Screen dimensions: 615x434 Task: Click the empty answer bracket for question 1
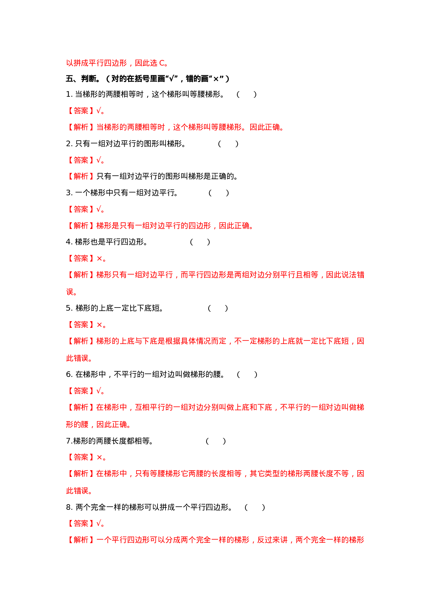(247, 94)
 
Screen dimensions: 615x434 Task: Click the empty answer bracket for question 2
(228, 144)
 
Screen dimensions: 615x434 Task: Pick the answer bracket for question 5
(218, 308)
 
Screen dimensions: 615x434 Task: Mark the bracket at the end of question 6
(247, 374)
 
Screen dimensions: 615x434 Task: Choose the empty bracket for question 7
(216, 441)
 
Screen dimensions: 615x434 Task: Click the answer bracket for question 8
(255, 507)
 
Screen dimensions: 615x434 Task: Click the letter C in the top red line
(162, 63)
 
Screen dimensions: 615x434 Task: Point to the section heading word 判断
(88, 79)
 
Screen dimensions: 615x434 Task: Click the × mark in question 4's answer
(99, 259)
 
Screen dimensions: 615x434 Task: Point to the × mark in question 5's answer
(99, 325)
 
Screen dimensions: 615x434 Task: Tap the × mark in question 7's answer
(99, 458)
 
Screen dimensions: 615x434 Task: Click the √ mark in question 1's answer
(99, 111)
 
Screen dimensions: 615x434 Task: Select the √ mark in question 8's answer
(99, 523)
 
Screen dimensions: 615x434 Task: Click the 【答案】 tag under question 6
(80, 391)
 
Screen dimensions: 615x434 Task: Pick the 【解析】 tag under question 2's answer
(80, 176)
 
